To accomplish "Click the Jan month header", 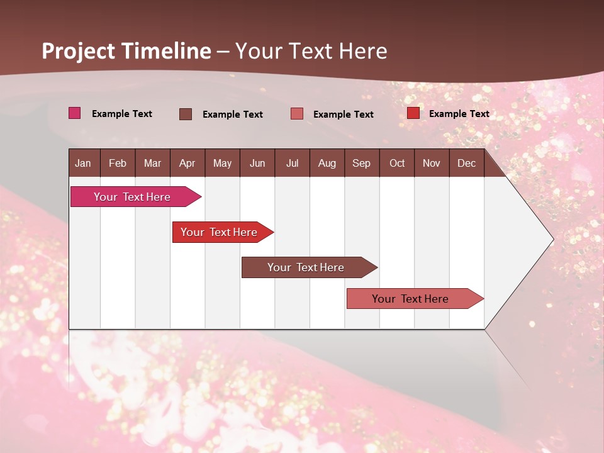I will point(83,163).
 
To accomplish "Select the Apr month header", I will point(187,163).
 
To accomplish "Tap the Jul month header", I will point(292,163).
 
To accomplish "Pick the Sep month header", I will point(361,163).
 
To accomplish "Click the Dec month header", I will point(466,163).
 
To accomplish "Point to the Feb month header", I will point(118,163).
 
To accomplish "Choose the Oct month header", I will point(397,163).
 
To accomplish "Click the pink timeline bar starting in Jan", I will point(132,197).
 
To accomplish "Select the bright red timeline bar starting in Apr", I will point(219,232).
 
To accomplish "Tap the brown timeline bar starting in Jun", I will point(306,267).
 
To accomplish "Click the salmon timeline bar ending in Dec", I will point(410,299).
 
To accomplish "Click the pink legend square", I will point(74,113).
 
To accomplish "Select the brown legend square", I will point(185,114).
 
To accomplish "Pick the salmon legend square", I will point(296,114).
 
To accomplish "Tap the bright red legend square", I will point(413,113).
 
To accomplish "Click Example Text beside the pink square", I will point(122,114).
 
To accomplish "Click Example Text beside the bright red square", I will point(459,114).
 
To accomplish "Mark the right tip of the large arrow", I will point(552,239).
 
